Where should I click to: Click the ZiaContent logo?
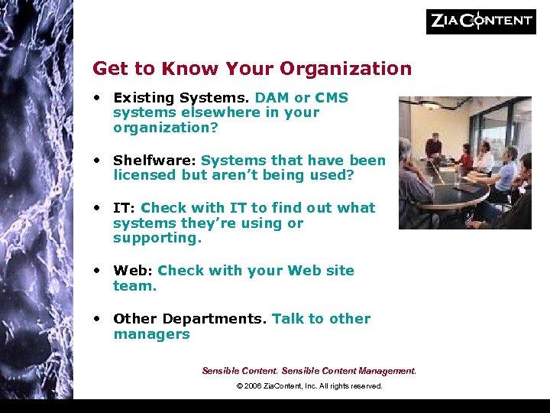pos(480,21)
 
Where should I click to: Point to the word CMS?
pos(332,98)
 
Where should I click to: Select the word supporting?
pos(157,238)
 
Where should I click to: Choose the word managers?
pos(151,334)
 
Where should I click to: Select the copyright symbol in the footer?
pos(240,386)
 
